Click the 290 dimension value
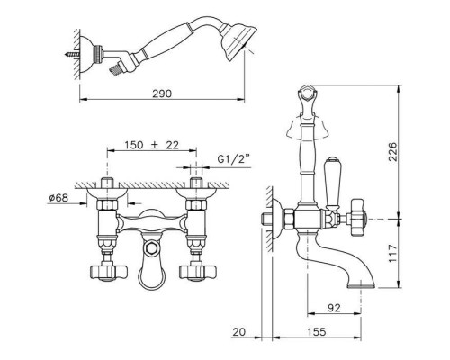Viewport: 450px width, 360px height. (162, 94)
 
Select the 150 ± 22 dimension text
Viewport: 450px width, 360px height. (152, 145)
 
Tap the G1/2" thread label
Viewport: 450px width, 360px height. (234, 158)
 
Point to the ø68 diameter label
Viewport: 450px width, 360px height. (58, 198)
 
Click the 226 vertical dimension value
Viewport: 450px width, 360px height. (393, 151)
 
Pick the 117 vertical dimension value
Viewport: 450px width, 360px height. (393, 254)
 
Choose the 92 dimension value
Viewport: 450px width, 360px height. (334, 308)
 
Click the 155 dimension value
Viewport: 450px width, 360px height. (317, 332)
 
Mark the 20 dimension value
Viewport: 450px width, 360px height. (239, 332)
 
